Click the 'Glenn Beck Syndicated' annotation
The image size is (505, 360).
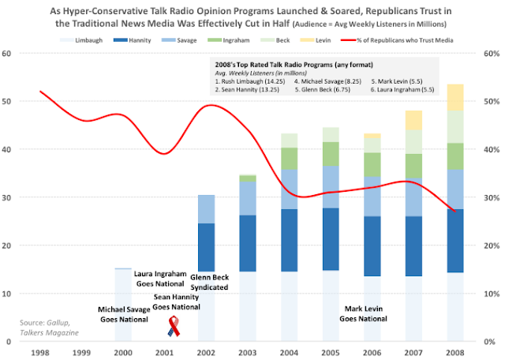[209, 282]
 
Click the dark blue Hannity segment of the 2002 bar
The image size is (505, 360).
[206, 247]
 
